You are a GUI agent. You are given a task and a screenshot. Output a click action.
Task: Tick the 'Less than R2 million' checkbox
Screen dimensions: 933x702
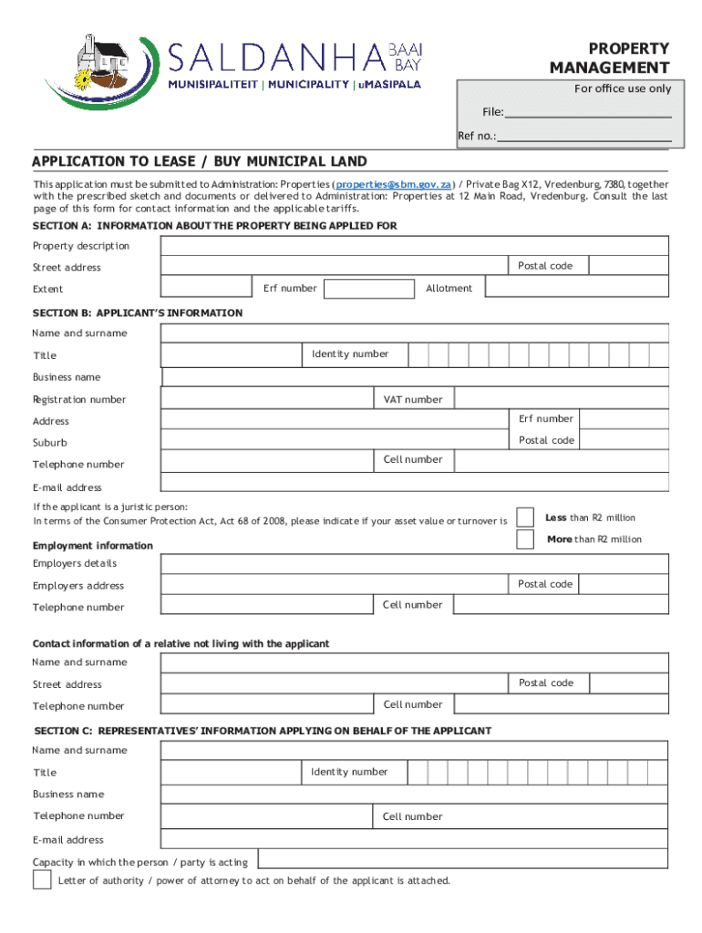[x=525, y=518]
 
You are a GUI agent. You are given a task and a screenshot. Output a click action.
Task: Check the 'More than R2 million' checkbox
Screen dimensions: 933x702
[x=525, y=539]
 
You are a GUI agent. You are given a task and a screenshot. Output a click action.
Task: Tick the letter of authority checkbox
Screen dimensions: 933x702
[x=42, y=880]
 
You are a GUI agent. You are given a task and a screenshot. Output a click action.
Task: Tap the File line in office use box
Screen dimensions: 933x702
[x=588, y=113]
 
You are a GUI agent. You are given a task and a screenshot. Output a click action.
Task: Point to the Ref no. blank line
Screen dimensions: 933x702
[x=583, y=137]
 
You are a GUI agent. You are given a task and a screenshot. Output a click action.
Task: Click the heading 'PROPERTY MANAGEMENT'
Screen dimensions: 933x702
[x=609, y=58]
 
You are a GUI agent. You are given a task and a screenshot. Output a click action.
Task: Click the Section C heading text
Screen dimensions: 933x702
[x=263, y=731]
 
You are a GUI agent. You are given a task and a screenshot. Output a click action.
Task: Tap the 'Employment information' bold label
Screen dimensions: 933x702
[x=93, y=546]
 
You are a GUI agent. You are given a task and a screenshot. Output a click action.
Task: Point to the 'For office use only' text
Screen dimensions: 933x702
[x=622, y=88]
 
